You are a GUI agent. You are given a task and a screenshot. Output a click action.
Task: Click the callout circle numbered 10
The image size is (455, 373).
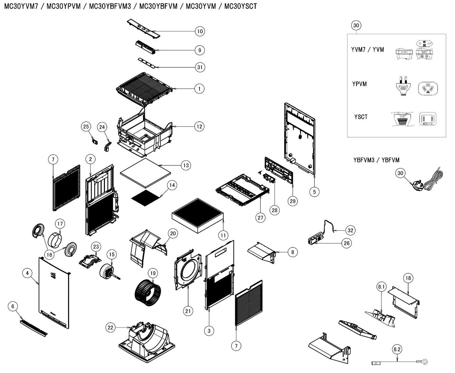click(x=200, y=31)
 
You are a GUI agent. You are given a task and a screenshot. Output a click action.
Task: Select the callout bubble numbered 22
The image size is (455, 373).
click(x=111, y=328)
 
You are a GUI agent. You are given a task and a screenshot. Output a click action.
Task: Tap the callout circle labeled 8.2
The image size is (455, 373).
click(x=397, y=349)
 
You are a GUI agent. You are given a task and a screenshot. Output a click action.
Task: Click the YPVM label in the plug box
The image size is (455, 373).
click(x=359, y=84)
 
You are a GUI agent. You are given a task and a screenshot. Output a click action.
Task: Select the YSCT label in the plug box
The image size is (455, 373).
click(x=361, y=117)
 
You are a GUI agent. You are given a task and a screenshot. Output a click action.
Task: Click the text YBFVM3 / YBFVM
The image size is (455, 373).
click(x=376, y=160)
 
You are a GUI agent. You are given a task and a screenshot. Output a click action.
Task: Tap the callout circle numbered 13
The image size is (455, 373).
click(x=186, y=165)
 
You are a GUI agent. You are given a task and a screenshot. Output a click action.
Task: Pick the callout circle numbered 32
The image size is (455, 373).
click(x=350, y=230)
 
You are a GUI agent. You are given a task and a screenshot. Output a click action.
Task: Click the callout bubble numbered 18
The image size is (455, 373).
click(x=408, y=278)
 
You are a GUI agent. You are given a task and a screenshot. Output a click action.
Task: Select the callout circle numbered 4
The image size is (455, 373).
click(x=27, y=273)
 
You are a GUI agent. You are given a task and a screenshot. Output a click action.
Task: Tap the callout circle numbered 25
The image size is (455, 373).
click(x=86, y=127)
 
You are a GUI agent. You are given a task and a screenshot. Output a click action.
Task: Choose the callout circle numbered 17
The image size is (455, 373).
click(x=60, y=224)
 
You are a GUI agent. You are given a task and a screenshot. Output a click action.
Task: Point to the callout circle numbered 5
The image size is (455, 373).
click(x=314, y=192)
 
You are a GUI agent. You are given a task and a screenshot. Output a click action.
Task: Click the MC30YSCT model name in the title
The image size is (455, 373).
click(x=240, y=6)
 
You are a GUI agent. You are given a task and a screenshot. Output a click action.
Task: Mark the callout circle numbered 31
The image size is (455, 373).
click(x=200, y=67)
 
